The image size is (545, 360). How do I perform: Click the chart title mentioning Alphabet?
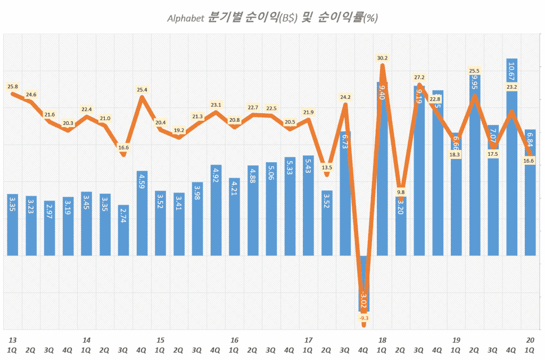[x=272, y=18]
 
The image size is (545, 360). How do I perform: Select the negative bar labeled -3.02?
[x=364, y=284]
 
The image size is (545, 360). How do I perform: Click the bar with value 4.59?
[x=142, y=213]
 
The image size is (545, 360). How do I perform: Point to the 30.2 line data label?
[x=382, y=58]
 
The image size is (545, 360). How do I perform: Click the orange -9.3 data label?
[x=364, y=318]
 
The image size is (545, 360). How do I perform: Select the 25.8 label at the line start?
[x=13, y=86]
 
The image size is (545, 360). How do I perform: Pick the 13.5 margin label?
[x=327, y=168]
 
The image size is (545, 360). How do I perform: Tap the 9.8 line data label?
[x=401, y=192]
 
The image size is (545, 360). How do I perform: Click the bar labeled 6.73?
[x=345, y=194]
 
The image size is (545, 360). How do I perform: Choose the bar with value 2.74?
[x=123, y=230]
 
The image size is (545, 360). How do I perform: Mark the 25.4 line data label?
[x=142, y=90]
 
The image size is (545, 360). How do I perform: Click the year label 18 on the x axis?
[x=382, y=340]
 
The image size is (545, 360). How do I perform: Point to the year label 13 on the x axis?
[x=13, y=340]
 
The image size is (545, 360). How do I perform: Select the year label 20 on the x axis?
[x=530, y=340]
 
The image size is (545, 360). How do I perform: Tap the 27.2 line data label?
[x=419, y=77]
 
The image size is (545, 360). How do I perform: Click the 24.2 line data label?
[x=345, y=97]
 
